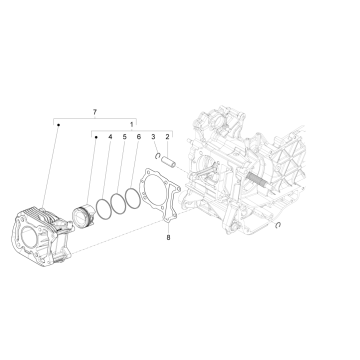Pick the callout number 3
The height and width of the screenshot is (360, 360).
153,136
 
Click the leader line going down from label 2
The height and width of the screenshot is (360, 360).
167,148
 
